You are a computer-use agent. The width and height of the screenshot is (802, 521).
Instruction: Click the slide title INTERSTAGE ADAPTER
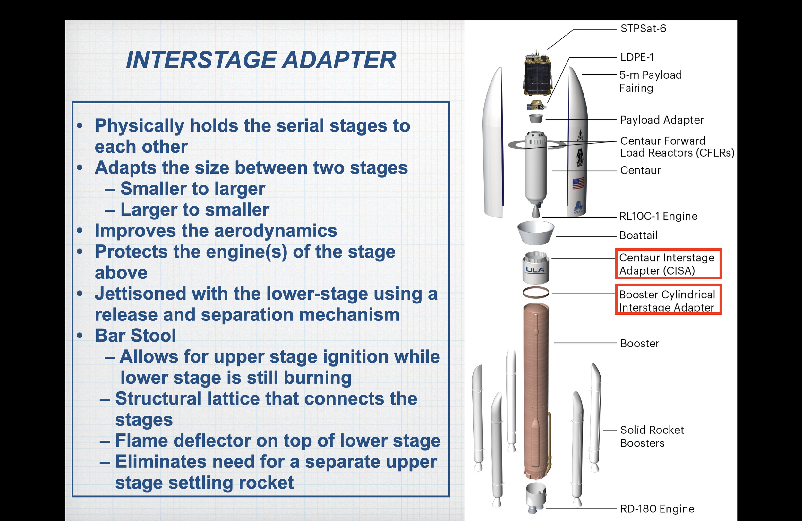[x=261, y=60]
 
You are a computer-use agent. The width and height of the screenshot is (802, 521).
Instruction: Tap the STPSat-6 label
[x=643, y=28]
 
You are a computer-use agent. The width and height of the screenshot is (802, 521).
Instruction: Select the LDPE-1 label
[x=637, y=57]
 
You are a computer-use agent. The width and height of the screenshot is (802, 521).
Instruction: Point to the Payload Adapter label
[x=662, y=120]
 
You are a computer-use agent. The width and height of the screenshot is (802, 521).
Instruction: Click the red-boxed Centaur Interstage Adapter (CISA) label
[x=668, y=264]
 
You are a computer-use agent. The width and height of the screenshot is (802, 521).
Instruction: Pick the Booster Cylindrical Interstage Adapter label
[x=668, y=300]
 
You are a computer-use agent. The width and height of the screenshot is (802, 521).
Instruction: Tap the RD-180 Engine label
[x=657, y=508]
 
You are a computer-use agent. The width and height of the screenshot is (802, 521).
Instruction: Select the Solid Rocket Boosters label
[x=652, y=436]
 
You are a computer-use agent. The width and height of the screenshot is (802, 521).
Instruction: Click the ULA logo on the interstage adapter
[x=535, y=270]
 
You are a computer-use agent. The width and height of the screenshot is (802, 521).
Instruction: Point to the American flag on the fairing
[x=578, y=184]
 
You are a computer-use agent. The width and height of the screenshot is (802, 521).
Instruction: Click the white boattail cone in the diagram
[x=535, y=233]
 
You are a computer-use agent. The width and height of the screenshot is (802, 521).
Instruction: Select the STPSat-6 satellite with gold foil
[x=537, y=73]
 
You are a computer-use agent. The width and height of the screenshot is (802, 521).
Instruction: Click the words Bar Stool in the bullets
[x=135, y=336]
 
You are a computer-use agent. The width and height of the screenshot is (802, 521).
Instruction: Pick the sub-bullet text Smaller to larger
[x=193, y=189]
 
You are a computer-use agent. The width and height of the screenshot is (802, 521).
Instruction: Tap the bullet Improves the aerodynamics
[x=216, y=231]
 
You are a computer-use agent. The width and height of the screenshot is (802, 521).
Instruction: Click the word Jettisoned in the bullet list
[x=140, y=294]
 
